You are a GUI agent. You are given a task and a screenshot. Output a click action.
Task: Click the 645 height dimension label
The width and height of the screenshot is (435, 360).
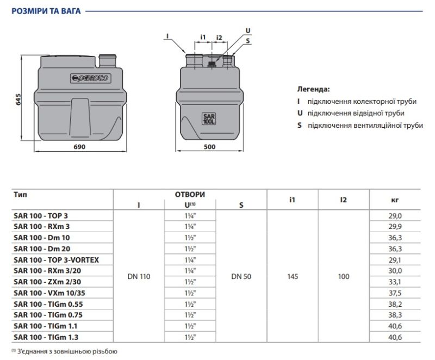[x=18, y=100]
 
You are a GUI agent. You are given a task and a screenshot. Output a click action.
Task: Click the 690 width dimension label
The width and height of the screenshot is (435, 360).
[x=79, y=147]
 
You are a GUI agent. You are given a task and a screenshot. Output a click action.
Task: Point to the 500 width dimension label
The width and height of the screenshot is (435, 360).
[x=209, y=147]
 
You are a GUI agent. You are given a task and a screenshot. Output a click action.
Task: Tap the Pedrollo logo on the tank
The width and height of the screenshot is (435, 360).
[x=90, y=78]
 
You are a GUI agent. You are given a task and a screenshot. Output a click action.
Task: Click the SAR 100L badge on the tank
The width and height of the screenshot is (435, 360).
[x=209, y=119]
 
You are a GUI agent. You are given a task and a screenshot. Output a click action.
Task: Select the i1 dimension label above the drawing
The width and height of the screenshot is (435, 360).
[x=203, y=37]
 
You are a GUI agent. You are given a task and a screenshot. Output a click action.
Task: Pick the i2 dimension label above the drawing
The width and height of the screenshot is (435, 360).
[x=219, y=37]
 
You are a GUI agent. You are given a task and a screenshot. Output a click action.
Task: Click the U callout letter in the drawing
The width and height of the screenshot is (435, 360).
[x=248, y=30]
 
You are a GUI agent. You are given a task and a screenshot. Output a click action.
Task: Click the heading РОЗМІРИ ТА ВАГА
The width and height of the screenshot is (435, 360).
[x=46, y=11]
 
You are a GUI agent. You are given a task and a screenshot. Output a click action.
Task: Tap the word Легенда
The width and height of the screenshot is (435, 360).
[x=314, y=89]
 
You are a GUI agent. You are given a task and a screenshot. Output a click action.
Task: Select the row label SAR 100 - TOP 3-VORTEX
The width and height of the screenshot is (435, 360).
[x=57, y=260]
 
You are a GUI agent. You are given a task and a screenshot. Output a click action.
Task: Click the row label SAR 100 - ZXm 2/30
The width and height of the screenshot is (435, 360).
[x=47, y=282]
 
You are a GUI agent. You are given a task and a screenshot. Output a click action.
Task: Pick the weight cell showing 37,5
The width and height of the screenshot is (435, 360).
[x=395, y=293]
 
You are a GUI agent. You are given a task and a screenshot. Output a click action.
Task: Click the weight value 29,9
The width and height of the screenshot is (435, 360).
[x=395, y=227]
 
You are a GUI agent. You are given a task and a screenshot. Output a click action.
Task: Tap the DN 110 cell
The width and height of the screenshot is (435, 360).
[x=139, y=276]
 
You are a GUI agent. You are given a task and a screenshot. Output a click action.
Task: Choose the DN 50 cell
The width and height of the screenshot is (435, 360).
[x=241, y=276]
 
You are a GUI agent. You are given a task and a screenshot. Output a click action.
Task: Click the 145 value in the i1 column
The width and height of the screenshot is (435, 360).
[x=293, y=276]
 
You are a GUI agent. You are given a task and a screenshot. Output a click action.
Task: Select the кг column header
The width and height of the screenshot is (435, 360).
[x=395, y=200]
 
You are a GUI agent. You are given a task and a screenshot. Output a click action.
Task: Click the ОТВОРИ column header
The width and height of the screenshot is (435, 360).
[x=190, y=195]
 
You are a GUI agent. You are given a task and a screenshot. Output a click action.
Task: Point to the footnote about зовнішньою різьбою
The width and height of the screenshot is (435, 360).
[x=64, y=351]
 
